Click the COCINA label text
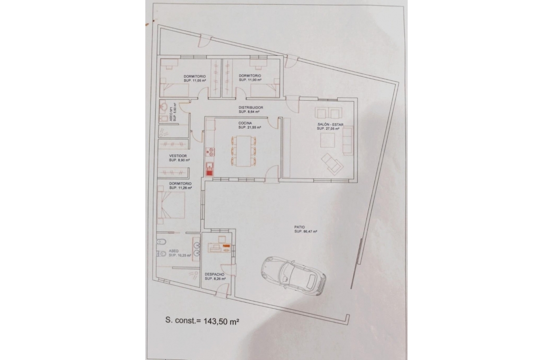(x=246, y=123)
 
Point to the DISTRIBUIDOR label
(x=251, y=108)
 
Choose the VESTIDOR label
(x=178, y=156)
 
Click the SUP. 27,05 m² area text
(x=331, y=129)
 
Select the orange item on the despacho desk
(x=226, y=246)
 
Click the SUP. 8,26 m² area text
(x=215, y=279)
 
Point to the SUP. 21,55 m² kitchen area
(x=250, y=127)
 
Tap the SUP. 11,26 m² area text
(x=180, y=188)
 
